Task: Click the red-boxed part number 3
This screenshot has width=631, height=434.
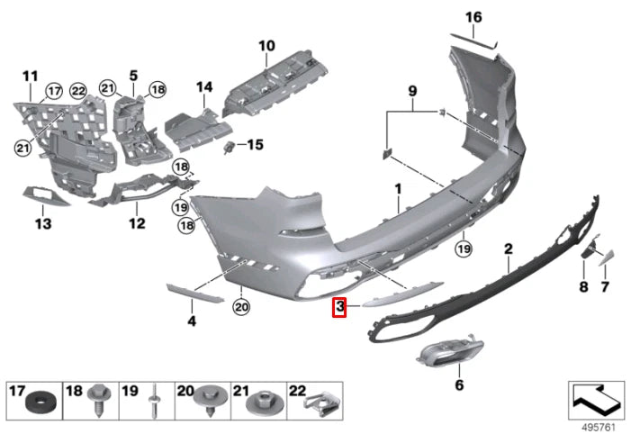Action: click(339, 308)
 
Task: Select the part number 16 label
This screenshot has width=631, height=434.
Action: click(473, 17)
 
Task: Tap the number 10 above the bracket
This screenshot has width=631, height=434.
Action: click(266, 45)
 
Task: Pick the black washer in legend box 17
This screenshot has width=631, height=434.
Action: click(38, 401)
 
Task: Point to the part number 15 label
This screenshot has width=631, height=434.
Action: click(256, 144)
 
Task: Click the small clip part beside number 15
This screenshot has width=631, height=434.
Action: click(232, 145)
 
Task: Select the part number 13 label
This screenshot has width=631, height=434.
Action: click(42, 223)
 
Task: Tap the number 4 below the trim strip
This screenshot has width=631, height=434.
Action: click(191, 320)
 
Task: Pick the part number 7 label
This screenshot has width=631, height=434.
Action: click(605, 286)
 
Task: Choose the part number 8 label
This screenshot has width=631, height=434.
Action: click(582, 286)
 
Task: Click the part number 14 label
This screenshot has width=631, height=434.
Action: click(203, 87)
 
